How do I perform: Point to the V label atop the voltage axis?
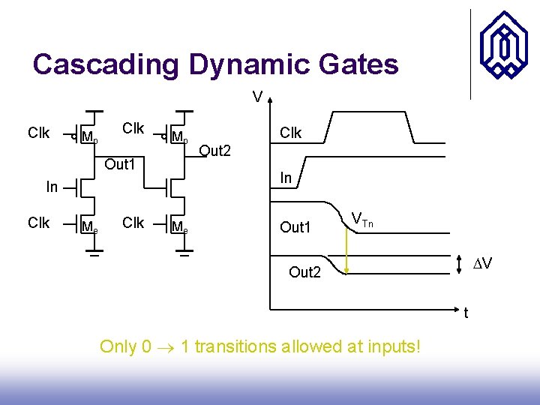point(257,97)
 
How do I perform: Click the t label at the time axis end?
point(466,313)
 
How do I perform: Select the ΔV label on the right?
point(483,264)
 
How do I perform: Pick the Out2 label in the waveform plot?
point(304,272)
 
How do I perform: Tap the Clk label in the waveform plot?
point(290,133)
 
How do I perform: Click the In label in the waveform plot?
point(286,178)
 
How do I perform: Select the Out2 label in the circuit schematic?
point(214,151)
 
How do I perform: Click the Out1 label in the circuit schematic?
point(119,163)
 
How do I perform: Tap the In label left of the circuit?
point(52,187)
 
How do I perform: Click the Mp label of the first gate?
point(89,138)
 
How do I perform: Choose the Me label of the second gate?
point(180,226)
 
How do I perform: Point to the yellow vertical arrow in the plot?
point(346,247)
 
